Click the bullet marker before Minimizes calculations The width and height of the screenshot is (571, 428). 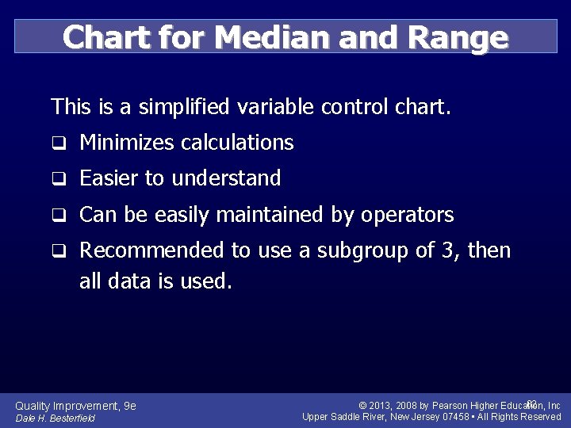58,143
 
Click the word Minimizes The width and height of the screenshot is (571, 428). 127,143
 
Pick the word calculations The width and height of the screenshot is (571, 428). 237,143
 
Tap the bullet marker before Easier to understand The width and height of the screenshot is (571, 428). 58,180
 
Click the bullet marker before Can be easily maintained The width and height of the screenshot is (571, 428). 58,216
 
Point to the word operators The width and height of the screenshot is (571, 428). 407,215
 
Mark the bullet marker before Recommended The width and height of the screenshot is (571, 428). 58,252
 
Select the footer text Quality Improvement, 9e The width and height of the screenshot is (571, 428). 76,406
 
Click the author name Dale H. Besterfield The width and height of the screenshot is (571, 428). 56,418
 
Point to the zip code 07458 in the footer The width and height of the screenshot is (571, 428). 455,417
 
